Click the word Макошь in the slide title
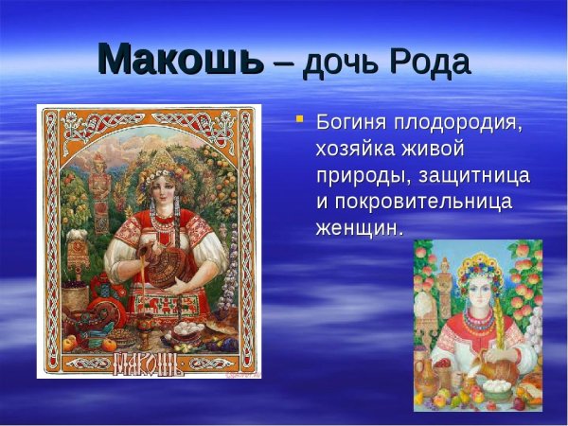tap(181, 61)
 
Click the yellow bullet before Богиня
tap(299, 119)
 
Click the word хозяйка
tap(364, 150)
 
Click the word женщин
tap(359, 228)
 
